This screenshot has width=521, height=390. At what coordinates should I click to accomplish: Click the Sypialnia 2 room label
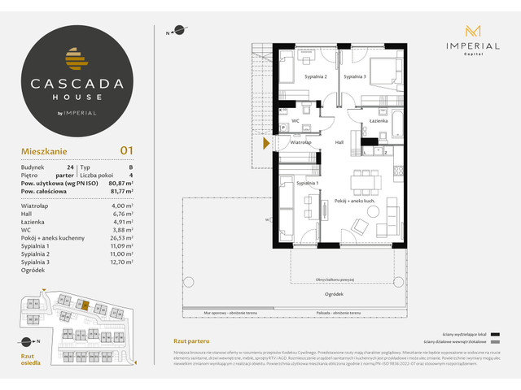pos(316,76)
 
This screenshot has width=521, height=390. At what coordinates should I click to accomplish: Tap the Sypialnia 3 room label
pos(354,76)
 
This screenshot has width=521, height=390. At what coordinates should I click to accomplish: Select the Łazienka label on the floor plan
pos(378,121)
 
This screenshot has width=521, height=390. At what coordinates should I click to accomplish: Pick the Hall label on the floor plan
pos(339,142)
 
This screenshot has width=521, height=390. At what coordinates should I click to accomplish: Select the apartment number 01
pos(126,149)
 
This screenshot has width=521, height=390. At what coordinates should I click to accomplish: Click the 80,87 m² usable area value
pos(120,184)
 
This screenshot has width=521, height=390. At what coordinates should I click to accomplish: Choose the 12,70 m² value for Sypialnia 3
pos(121,262)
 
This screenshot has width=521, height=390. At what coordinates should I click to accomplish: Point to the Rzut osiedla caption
pos(29,360)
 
